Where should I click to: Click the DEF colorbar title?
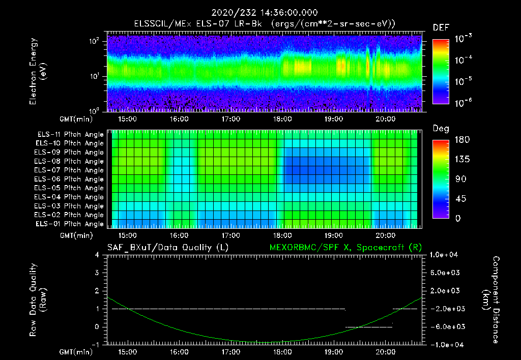441,27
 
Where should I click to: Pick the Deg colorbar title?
441,129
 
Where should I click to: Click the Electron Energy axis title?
38,71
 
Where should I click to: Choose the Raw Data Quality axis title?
38,300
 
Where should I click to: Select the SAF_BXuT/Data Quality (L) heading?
167,247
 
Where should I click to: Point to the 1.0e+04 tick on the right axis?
445,255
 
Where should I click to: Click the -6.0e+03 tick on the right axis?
445,326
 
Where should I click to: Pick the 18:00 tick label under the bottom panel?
282,352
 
